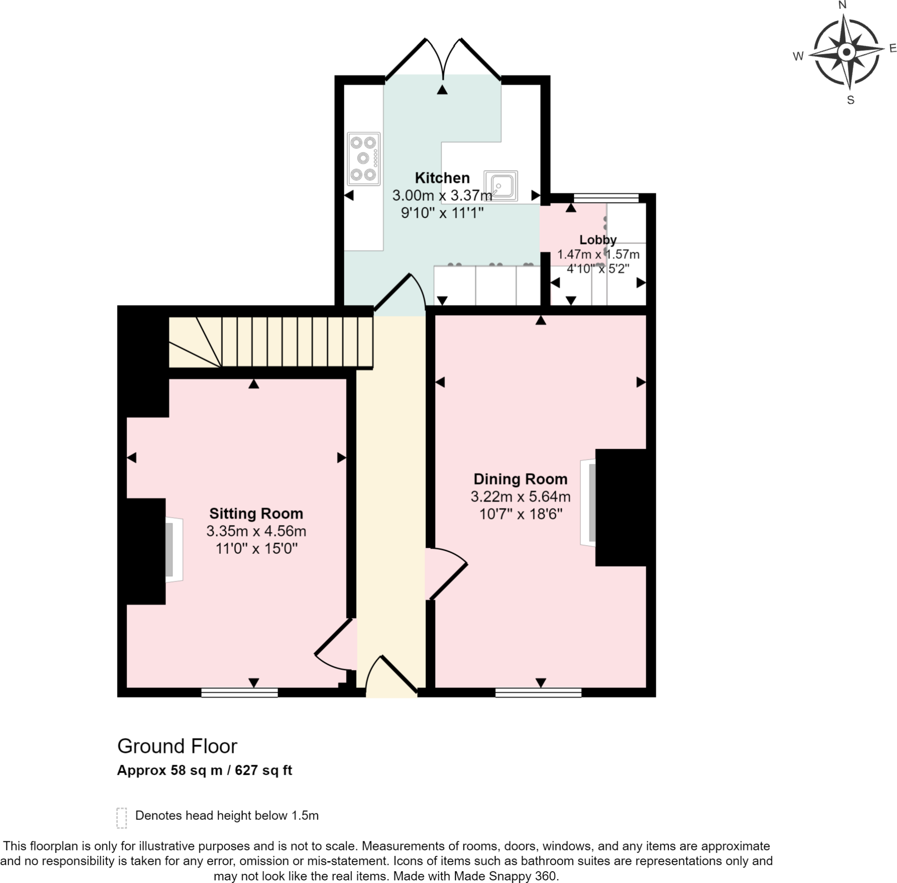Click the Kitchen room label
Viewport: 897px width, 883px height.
tap(442, 177)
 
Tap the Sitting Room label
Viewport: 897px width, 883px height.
tap(256, 514)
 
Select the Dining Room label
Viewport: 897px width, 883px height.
tap(520, 479)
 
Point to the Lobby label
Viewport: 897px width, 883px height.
tap(597, 240)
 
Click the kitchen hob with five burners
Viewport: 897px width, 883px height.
tap(364, 159)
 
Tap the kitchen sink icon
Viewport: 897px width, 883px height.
tap(501, 186)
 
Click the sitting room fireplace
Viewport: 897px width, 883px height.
tap(174, 550)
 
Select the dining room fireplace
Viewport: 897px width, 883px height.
tap(588, 502)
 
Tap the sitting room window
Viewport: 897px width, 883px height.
tap(239, 692)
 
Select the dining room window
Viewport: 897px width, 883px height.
tap(538, 692)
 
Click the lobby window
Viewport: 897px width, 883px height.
tap(606, 198)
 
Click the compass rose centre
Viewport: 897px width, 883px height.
tap(847, 52)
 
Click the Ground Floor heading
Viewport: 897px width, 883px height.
tap(177, 746)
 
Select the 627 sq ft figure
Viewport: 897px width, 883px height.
tap(263, 770)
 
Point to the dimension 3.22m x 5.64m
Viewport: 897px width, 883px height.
tap(520, 496)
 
